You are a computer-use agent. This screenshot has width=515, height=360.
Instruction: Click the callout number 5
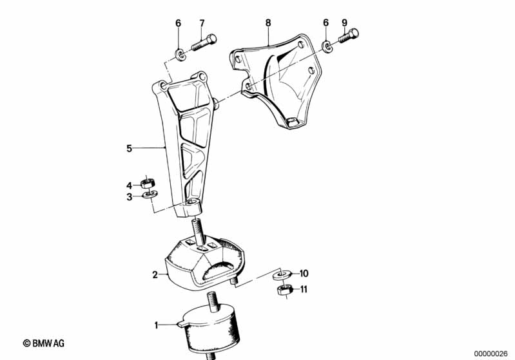(129, 148)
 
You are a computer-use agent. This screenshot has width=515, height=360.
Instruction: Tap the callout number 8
(268, 23)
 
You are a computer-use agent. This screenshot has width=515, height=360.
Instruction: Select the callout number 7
(202, 23)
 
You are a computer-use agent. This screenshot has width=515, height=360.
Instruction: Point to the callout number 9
(344, 23)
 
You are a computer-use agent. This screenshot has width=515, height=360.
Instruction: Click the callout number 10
(304, 273)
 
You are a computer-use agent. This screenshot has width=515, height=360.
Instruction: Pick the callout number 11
(303, 289)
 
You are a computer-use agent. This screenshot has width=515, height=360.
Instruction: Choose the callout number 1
(157, 325)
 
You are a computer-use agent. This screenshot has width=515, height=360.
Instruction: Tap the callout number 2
(155, 275)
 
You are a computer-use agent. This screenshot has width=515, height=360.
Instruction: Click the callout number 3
(130, 197)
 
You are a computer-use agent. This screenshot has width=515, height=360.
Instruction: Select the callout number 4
(130, 185)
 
